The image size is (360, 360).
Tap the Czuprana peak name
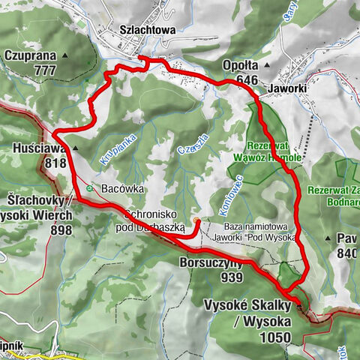pyautogui.click(x=30, y=55)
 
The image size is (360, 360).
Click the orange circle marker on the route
pyautogui.click(x=196, y=220)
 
